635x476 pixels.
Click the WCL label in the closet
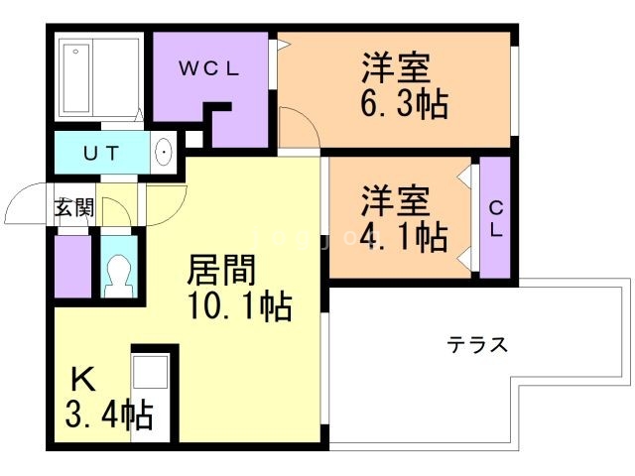pos(210,68)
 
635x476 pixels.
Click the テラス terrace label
pos(477,345)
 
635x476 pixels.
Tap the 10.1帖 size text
pos(239,307)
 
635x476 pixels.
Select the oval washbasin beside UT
pos(165,154)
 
